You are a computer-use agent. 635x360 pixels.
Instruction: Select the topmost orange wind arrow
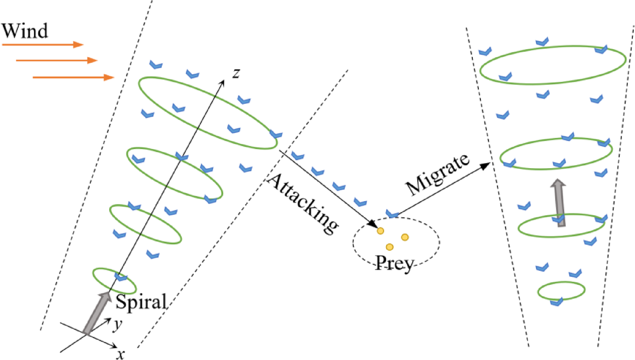tap(43, 45)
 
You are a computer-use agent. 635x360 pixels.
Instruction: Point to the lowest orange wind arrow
tap(74, 78)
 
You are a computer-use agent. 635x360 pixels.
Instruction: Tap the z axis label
tap(235, 74)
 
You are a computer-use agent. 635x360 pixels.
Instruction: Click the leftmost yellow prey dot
tap(380, 231)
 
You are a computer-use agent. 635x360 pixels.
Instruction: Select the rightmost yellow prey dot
tap(405, 237)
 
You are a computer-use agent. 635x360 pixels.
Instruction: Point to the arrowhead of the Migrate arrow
tap(489, 165)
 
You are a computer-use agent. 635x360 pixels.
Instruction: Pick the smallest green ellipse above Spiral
tap(114, 280)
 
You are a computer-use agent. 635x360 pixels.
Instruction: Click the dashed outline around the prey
tap(354, 243)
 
